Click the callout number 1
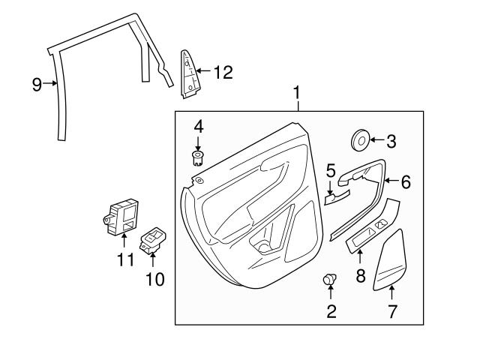coord(298,93)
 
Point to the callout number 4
coord(198,125)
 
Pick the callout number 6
coord(406,181)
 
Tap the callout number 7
coord(391,310)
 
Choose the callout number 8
coord(361,275)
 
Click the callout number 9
coord(37,84)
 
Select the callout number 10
coord(153,280)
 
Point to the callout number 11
coord(124,260)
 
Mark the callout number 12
coord(223,73)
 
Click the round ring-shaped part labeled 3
coord(361,139)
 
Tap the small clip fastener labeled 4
coord(198,157)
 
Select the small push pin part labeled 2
coord(330,280)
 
